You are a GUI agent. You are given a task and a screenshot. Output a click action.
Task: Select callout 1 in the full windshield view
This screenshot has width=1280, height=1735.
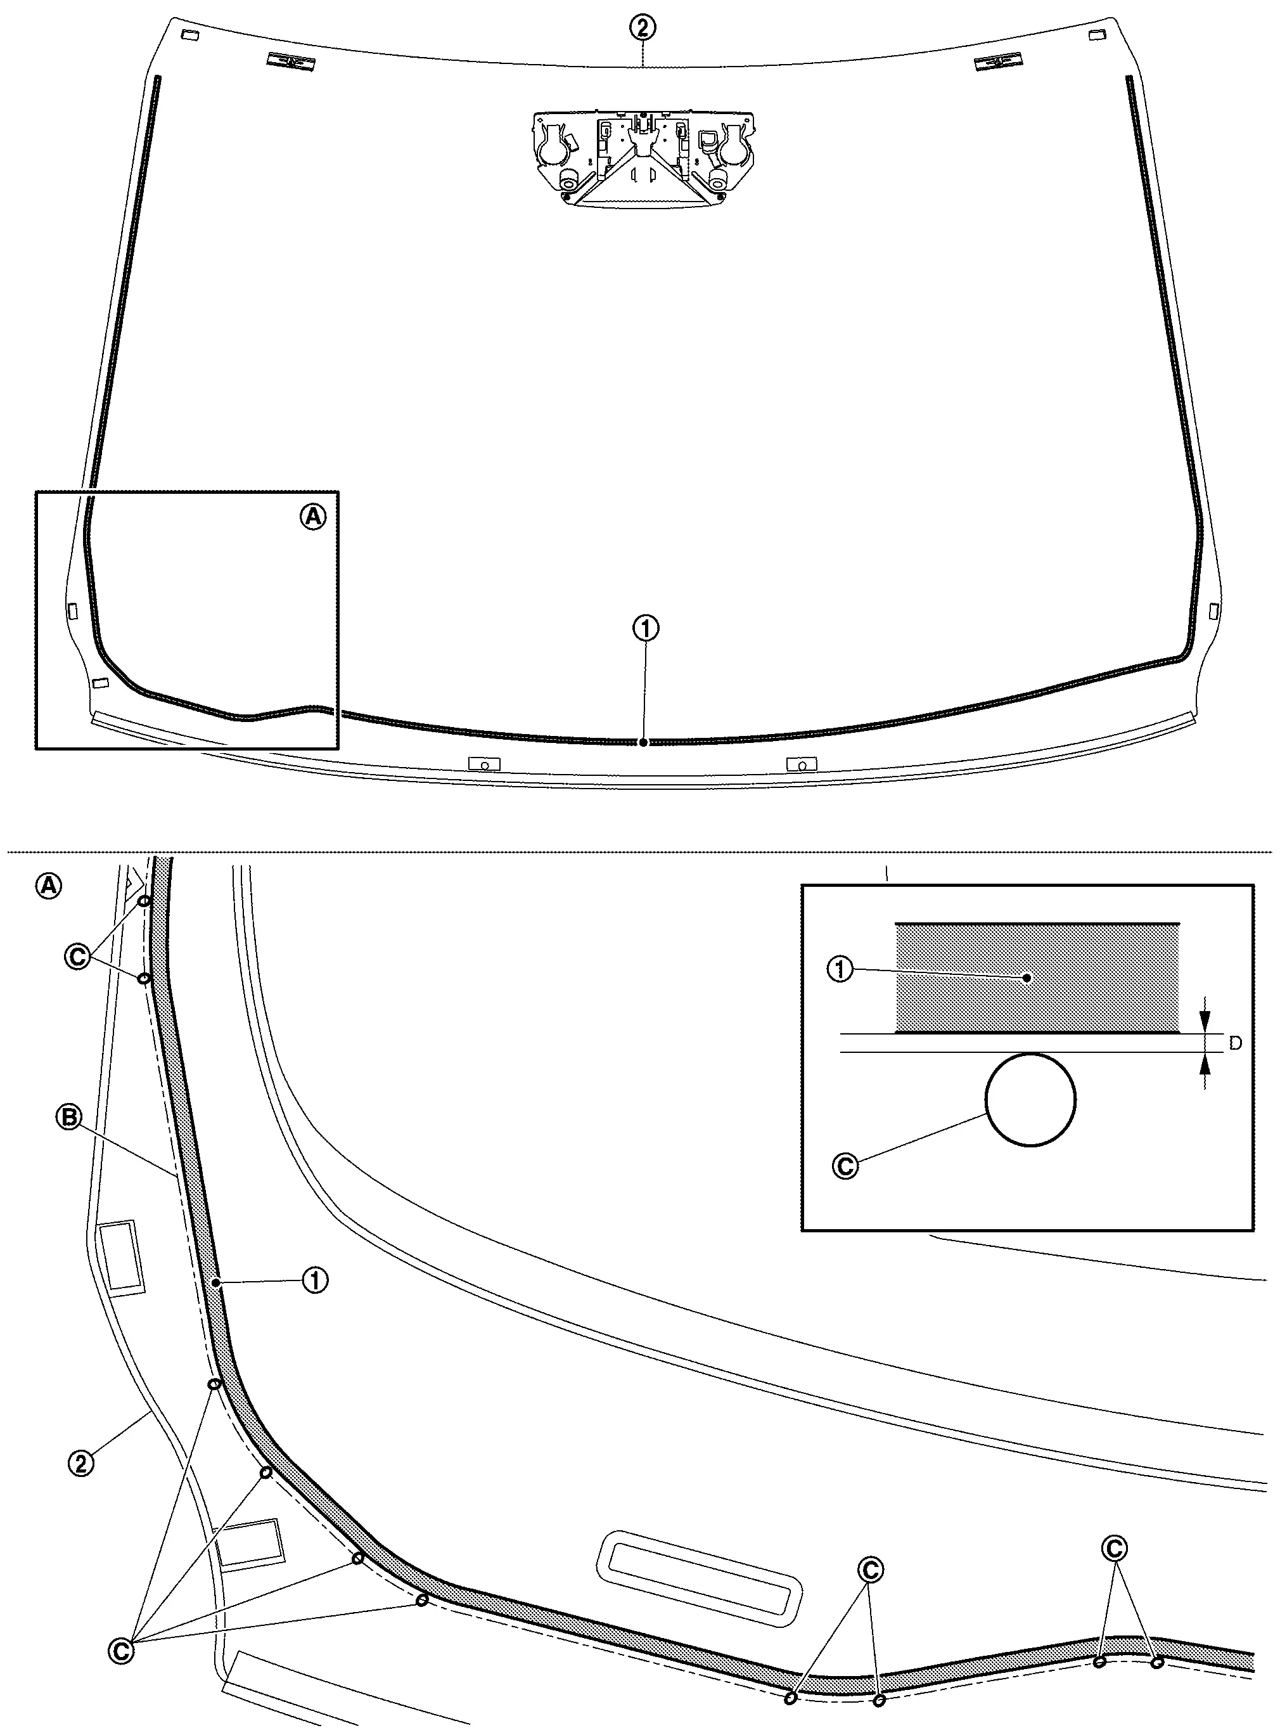[646, 628]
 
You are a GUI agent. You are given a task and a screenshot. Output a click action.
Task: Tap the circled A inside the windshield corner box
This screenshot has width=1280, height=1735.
[313, 516]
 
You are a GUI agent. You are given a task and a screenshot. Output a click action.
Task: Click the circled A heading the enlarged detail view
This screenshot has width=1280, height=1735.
[49, 886]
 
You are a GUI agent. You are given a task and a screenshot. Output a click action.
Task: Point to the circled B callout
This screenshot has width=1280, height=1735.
[69, 1118]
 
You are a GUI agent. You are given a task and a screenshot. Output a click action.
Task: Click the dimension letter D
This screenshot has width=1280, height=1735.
[1235, 1043]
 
